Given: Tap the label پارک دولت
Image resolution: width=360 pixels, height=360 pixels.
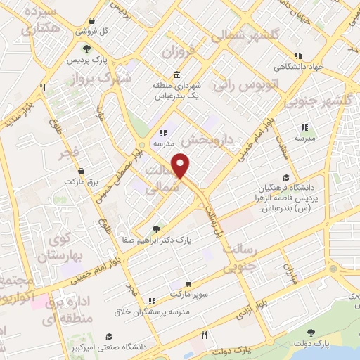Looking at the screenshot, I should [311, 344].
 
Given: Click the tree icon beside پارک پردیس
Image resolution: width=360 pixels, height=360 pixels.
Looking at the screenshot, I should [86, 49].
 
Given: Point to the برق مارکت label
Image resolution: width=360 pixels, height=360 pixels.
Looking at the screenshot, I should [79, 181].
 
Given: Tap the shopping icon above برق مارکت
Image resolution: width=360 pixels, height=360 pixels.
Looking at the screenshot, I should [81, 171].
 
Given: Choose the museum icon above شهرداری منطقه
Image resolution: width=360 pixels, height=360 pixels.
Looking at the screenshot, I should [174, 74].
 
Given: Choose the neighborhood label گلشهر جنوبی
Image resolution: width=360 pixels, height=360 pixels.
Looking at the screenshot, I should [324, 101].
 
